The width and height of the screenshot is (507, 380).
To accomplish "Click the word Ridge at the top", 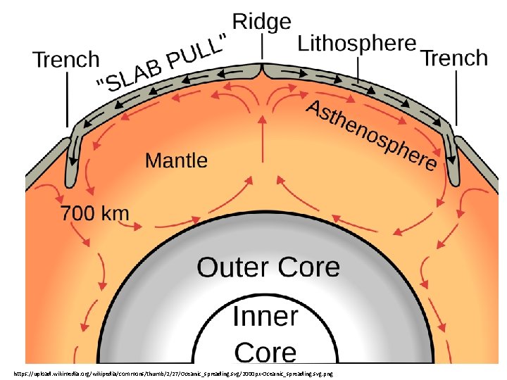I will pos(261,22).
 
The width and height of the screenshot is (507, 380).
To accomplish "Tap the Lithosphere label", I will pos(357,44).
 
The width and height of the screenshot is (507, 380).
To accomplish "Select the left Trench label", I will pos(67,60).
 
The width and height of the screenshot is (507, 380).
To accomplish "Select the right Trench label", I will pos(454,58).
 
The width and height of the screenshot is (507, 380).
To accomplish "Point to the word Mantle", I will pos(176,160).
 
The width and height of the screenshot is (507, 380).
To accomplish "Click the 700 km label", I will pos(96,213).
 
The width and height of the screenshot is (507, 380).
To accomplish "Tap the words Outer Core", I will pos(268,267).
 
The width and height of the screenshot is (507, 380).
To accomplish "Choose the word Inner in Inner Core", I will pos(265,317).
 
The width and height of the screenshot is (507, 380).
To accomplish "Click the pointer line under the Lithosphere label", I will pos(357,70).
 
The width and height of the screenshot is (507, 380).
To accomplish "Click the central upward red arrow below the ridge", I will pos(262,134).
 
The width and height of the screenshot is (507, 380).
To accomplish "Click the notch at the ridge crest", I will pos(262,68).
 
